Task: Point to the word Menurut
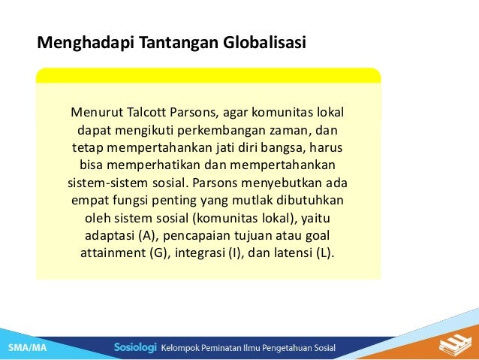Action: point(95,113)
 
